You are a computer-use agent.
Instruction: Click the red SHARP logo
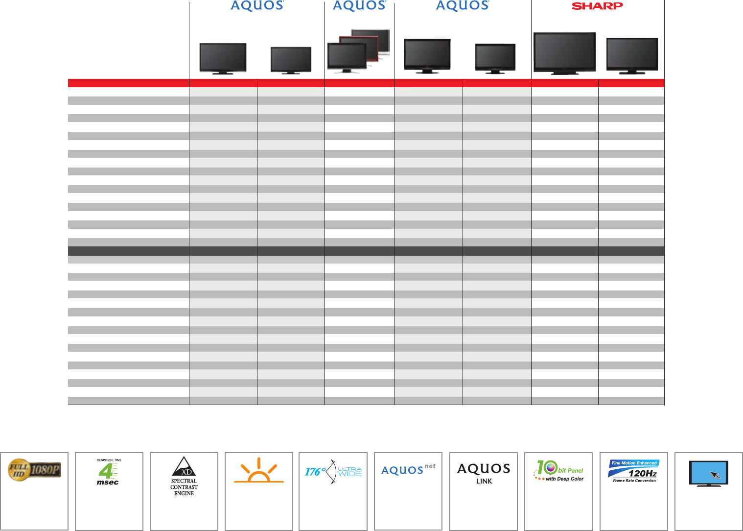(x=597, y=6)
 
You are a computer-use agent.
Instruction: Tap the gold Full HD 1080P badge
(x=34, y=470)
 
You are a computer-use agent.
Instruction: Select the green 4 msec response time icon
(x=107, y=471)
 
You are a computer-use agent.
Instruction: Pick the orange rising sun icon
(x=258, y=472)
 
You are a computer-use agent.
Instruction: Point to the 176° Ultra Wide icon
(x=333, y=472)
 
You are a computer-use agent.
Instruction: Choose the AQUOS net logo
(x=408, y=470)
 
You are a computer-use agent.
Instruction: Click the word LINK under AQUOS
(x=484, y=482)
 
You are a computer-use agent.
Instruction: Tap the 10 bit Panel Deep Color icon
(x=558, y=471)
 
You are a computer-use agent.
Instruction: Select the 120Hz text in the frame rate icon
(x=643, y=474)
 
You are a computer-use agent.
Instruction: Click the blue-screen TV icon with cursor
(x=708, y=473)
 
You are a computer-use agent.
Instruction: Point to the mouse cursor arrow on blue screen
(x=716, y=475)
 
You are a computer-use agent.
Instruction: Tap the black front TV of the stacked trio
(x=347, y=57)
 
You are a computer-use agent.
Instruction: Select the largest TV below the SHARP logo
(x=564, y=53)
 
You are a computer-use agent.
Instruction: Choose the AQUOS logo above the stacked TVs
(x=359, y=6)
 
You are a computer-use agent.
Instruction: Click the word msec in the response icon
(x=107, y=483)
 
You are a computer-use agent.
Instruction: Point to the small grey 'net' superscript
(x=430, y=466)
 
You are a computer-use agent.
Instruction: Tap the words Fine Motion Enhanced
(x=634, y=463)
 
